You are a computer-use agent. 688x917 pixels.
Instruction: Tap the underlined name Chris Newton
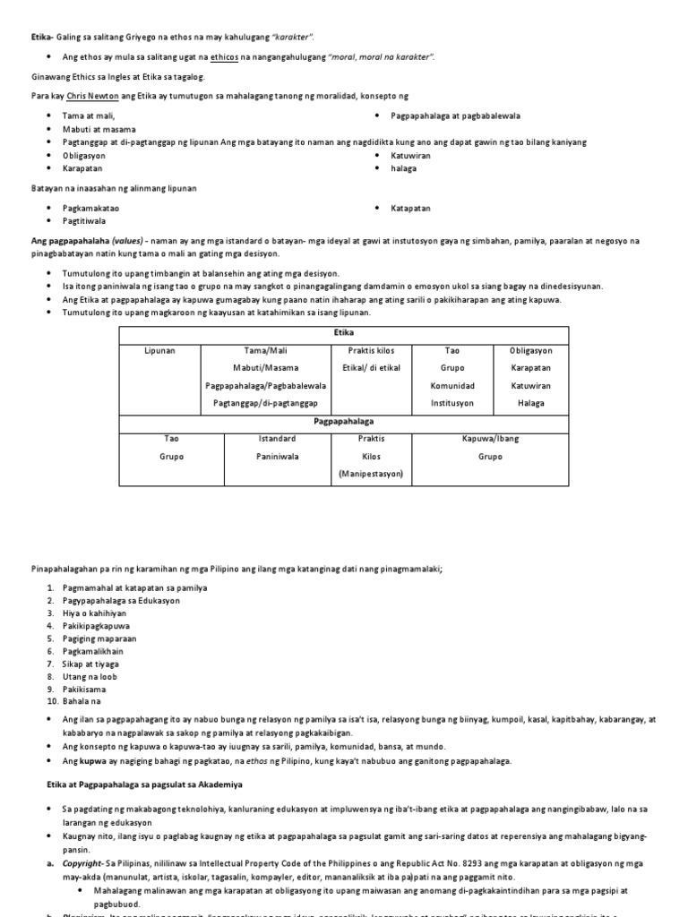92,95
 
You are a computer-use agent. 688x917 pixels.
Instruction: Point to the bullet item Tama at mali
89,116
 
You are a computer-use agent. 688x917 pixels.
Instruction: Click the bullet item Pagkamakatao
90,208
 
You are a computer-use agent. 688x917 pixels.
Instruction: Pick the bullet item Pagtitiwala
85,220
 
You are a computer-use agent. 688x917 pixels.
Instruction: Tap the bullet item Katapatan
410,208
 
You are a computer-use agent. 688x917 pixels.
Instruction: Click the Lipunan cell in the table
159,350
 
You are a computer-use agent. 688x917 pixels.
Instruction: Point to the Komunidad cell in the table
452,385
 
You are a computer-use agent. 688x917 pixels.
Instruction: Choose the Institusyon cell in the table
452,403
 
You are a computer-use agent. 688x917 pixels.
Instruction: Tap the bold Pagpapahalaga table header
343,420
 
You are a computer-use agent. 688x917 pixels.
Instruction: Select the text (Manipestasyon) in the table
370,473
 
